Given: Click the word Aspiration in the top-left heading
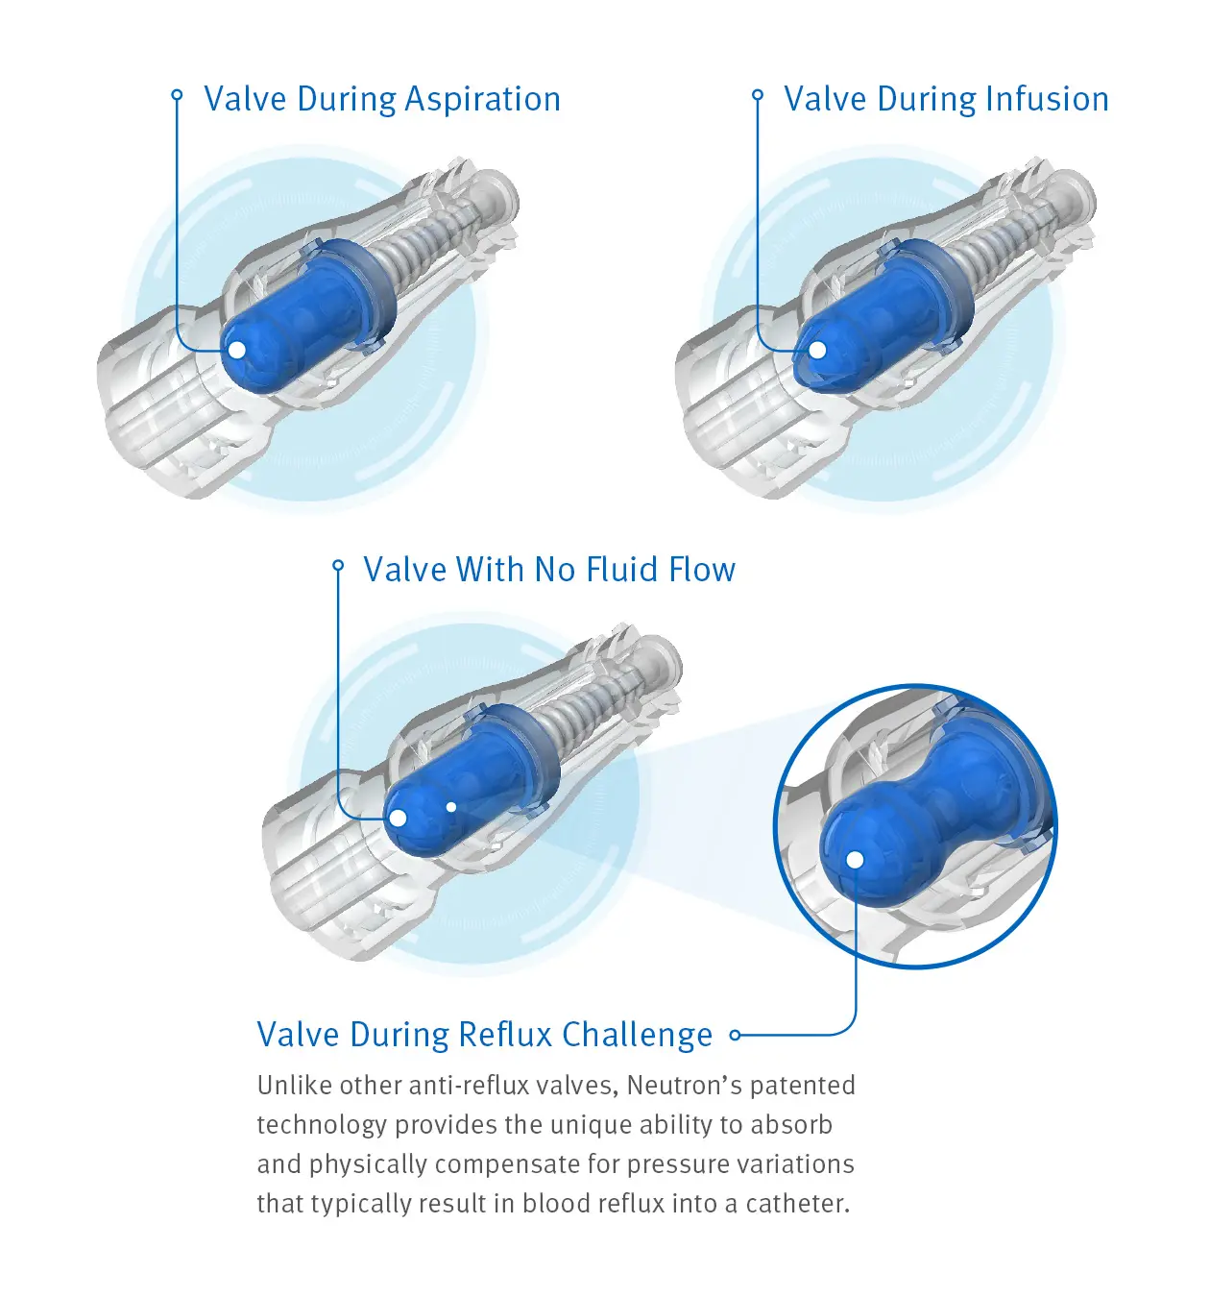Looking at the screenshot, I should pos(482,100).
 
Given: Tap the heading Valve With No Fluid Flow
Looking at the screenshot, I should pos(549,570).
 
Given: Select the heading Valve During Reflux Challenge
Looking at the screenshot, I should pos(485,1035).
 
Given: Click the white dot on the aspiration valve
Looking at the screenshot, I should pos(236,350).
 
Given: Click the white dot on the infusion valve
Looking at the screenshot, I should pos(816,350).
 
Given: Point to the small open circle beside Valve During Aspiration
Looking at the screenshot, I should pos(177,94).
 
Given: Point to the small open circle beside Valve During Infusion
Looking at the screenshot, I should pos(758,94).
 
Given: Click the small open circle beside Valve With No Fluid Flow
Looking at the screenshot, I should pos(338,565).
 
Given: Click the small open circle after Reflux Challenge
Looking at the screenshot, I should pos(736,1035).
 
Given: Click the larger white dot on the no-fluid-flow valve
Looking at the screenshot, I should pos(398,819).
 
